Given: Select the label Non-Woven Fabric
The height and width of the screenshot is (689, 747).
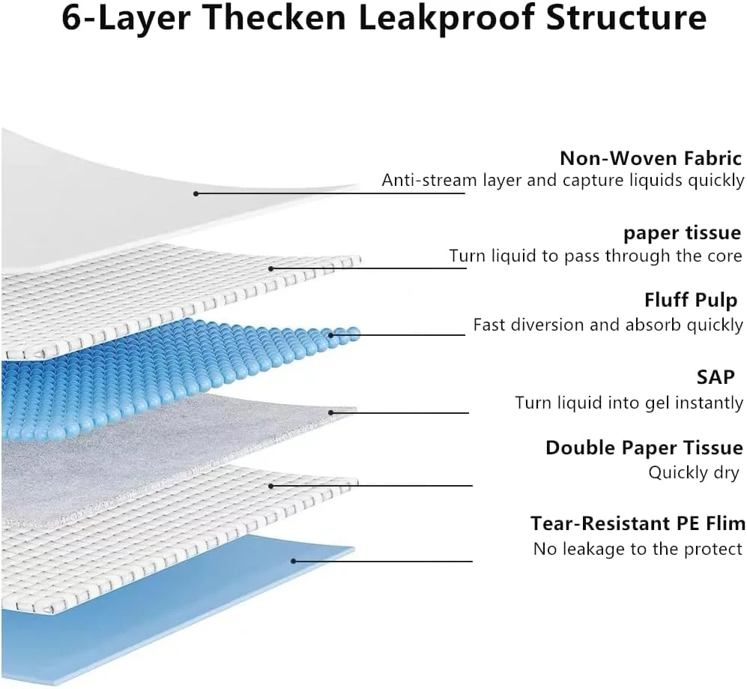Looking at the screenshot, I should pos(650,158).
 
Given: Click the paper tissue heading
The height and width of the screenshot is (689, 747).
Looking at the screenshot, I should pos(682,232).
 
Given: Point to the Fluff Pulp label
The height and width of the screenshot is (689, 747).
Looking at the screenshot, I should pos(691,301).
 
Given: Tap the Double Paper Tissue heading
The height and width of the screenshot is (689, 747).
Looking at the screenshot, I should pos(644,448).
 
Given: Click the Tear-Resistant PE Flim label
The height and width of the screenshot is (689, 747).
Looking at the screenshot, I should pos(638,523).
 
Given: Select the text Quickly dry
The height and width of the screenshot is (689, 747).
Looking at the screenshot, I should pos(694,473).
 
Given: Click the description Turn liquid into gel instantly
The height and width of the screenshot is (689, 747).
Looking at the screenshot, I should pos(629,403).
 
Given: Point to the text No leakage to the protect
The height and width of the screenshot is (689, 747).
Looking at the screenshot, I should pos(638,549).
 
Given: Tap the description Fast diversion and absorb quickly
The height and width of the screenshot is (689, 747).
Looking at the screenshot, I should pos(608,325).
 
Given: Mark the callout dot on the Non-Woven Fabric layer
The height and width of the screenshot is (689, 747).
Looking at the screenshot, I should pos(196,193).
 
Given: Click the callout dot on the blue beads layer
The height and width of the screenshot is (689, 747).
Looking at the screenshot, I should pos(330,335).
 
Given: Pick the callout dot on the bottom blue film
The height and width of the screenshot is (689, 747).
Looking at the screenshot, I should pos(294,561).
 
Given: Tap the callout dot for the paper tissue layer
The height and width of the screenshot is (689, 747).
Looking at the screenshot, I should pos(270,268).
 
